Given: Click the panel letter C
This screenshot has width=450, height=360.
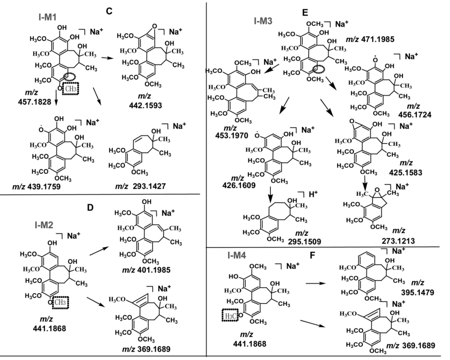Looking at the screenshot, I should pyautogui.click(x=109, y=11).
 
